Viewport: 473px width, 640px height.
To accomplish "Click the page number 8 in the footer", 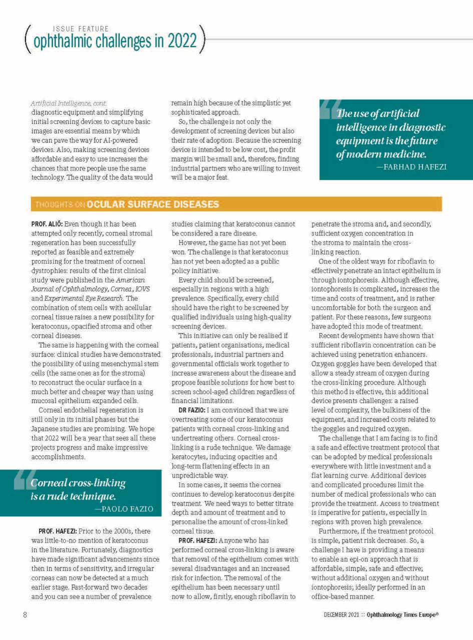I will tap(25, 614).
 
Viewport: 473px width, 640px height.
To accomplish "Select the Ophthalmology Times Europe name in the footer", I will tap(403, 614).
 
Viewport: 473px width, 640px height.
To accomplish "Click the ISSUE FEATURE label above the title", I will tap(81, 29).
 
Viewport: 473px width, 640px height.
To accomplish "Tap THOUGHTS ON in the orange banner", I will tap(60, 204).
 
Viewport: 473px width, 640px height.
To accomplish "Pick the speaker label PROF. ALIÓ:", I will tap(47, 224).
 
